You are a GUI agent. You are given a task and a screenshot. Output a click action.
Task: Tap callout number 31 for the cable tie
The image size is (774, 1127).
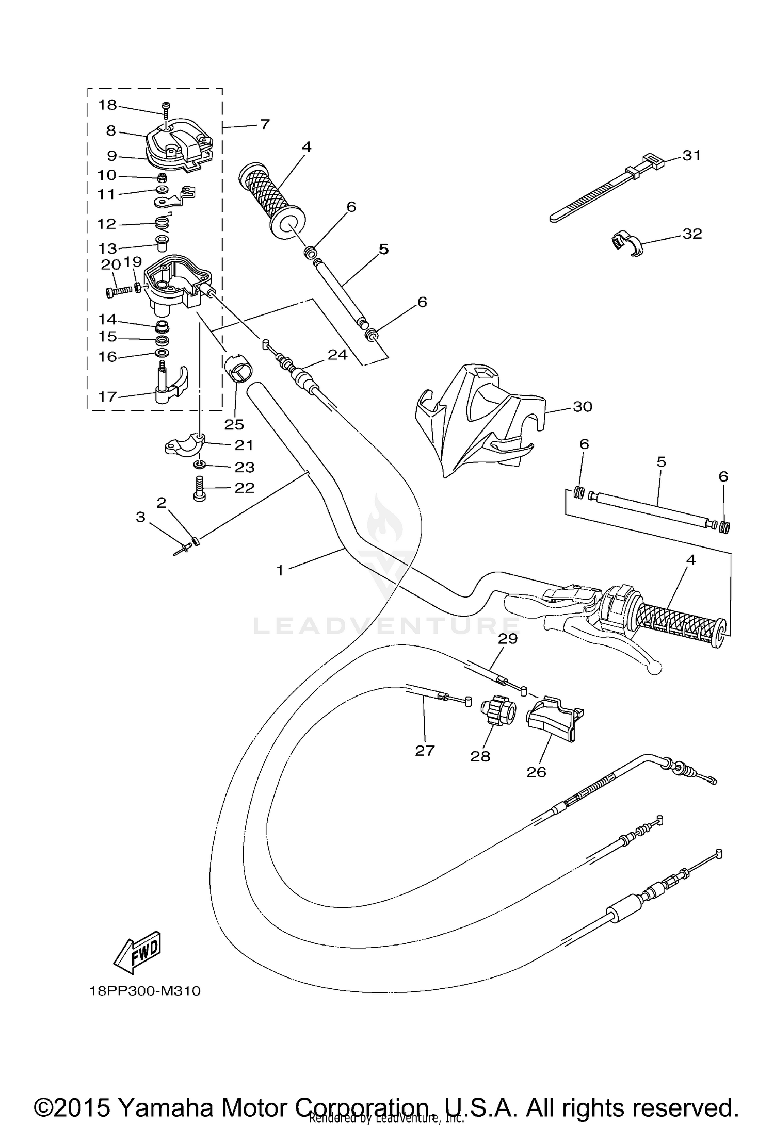coord(691,155)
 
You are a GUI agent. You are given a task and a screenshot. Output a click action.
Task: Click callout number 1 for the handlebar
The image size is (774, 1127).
coord(280,570)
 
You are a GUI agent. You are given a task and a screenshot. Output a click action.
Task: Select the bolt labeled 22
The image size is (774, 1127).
coord(200,488)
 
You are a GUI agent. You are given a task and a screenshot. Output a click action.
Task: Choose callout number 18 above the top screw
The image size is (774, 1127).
coord(108,105)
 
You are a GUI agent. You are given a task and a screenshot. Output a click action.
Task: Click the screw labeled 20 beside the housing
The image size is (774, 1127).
coord(119,292)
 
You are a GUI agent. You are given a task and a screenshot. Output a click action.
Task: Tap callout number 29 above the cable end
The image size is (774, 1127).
coord(507,639)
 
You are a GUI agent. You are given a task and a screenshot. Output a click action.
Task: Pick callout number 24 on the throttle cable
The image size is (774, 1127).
coord(337,355)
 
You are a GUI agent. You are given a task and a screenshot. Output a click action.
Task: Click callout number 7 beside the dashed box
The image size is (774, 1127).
coord(264,124)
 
